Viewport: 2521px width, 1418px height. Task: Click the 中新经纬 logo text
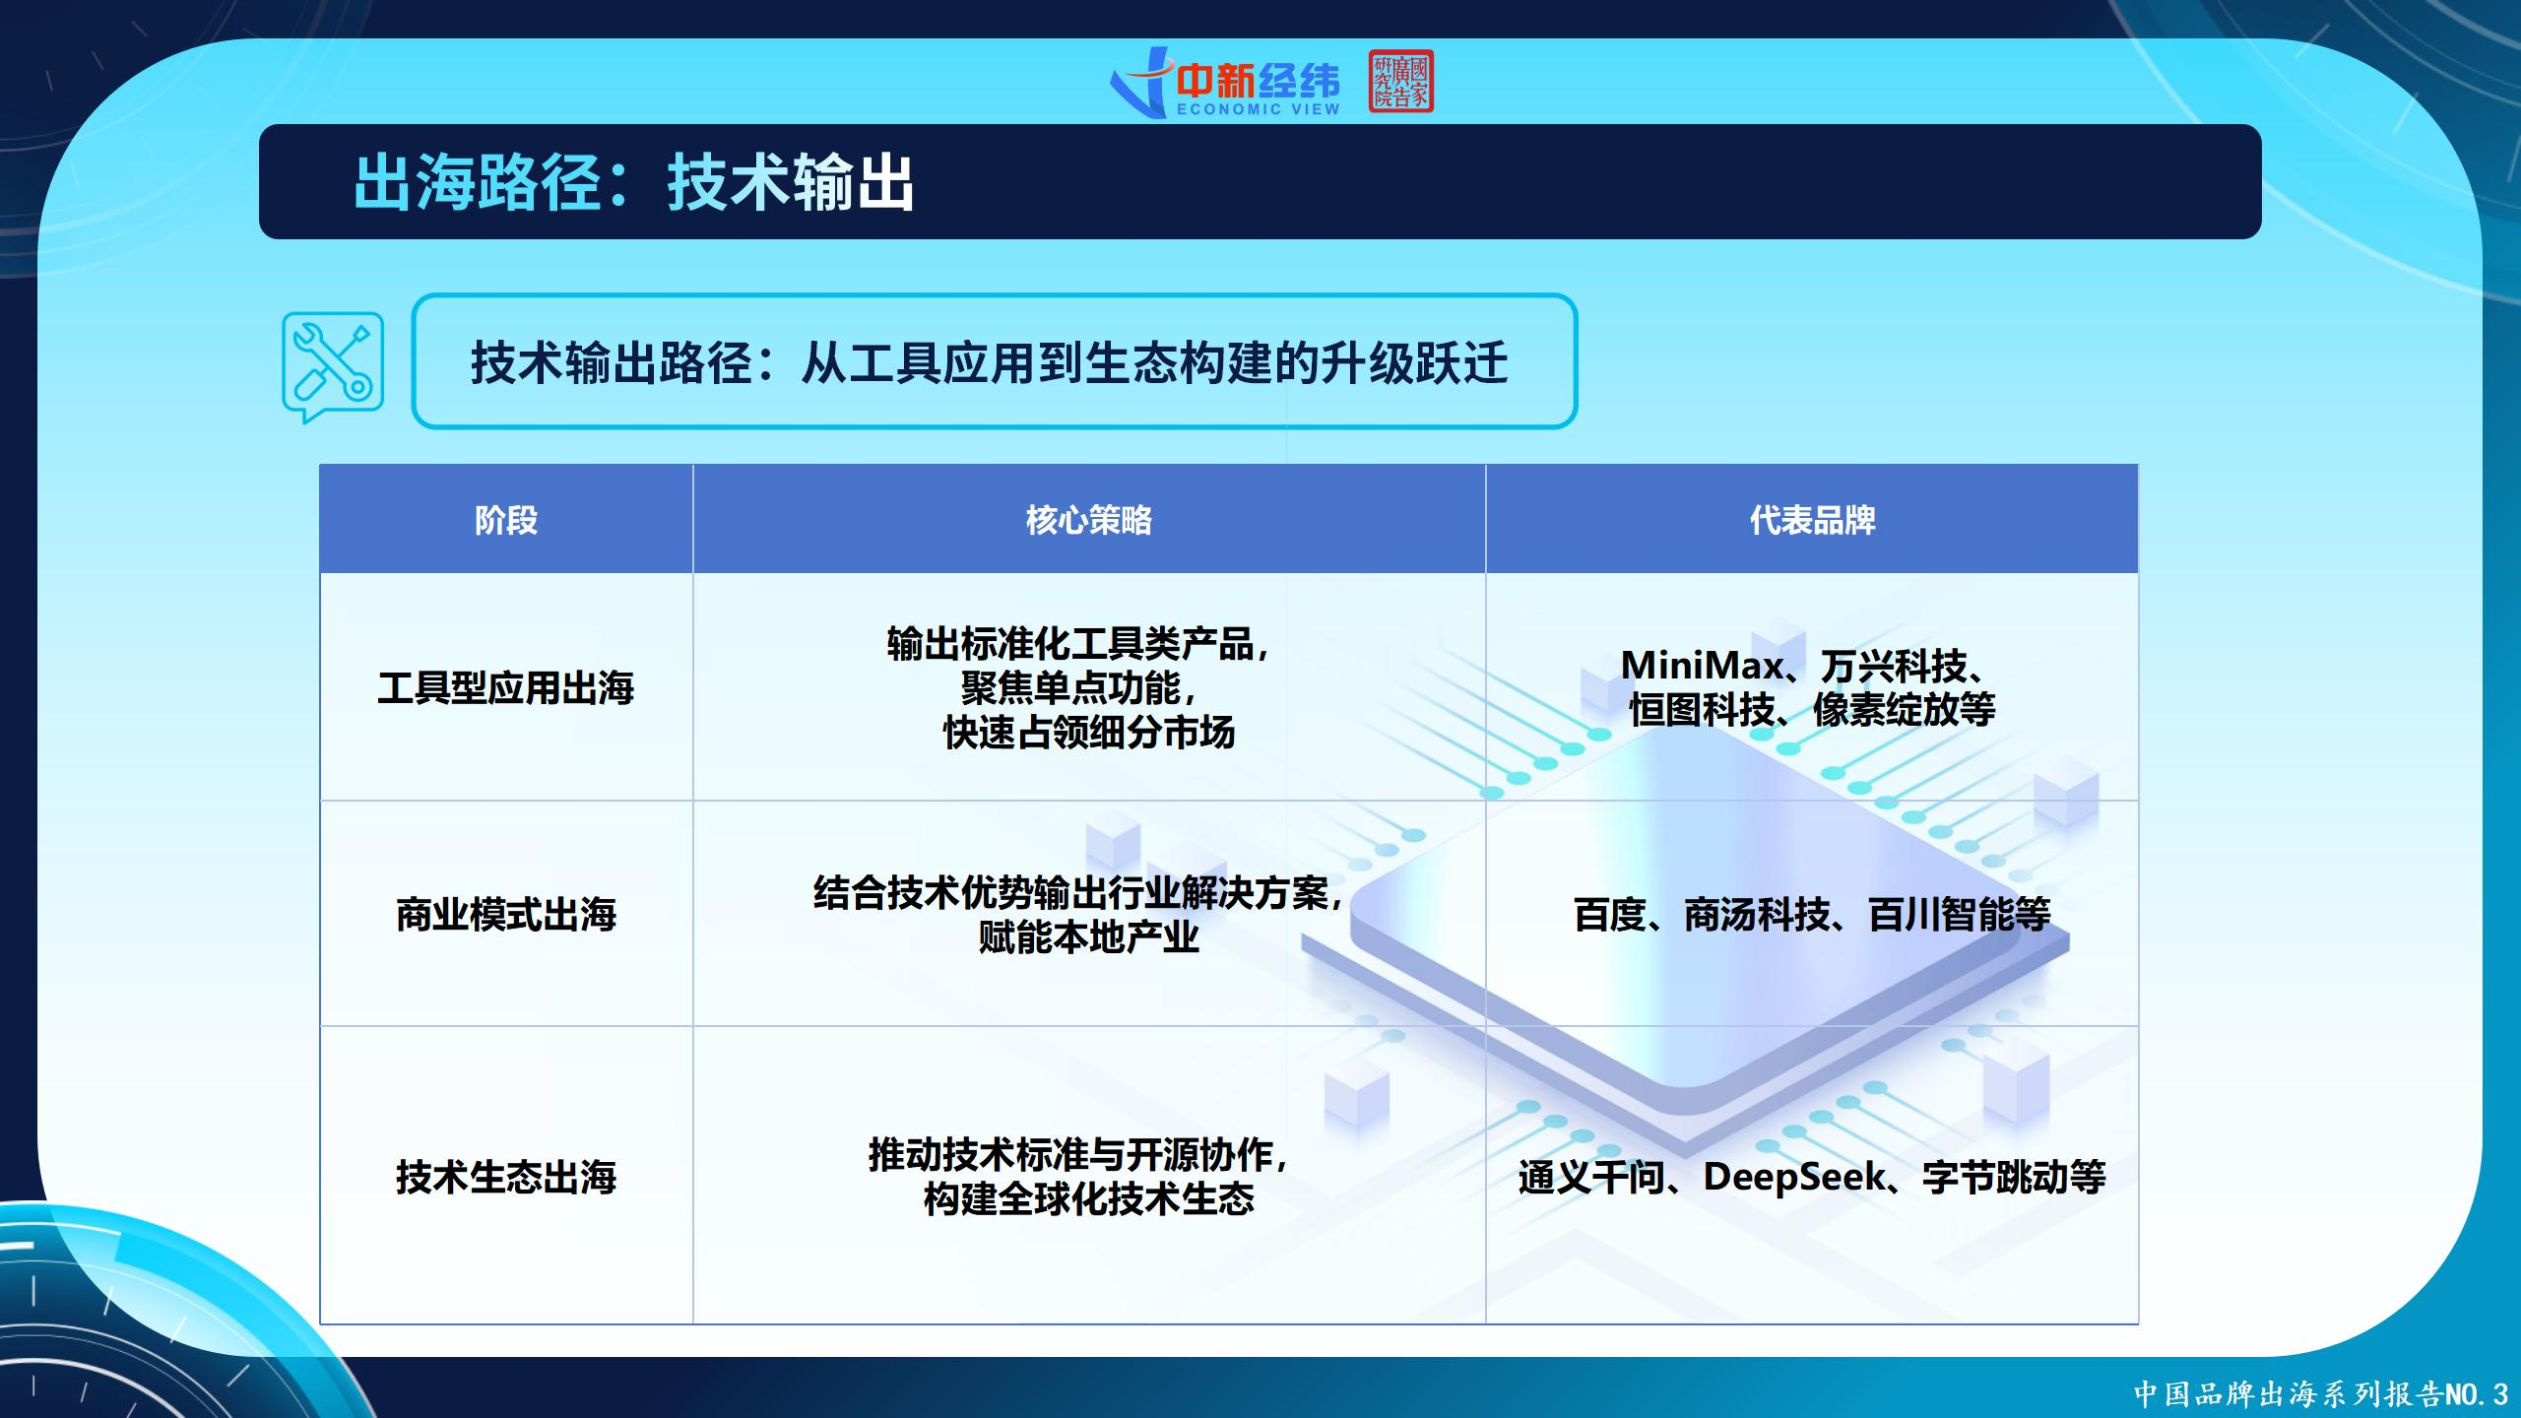pos(1259,81)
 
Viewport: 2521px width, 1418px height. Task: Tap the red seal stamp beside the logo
pos(1400,82)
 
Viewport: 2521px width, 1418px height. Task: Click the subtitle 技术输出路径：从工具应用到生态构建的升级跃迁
pos(989,361)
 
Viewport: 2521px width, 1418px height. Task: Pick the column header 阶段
pos(506,519)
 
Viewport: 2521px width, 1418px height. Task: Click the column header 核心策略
pos(1089,519)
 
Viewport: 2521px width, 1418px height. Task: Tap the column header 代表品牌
pos(1812,519)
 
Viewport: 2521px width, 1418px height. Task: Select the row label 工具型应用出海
pos(506,687)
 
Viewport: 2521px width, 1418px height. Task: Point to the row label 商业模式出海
pos(506,914)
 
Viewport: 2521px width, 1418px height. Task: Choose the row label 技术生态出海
pos(506,1176)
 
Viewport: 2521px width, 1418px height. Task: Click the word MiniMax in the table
pos(1702,666)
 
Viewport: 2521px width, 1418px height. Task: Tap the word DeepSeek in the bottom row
pos(1793,1177)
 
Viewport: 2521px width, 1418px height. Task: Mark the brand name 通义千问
pos(1591,1177)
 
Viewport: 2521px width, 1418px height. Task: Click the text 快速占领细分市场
pos(1089,732)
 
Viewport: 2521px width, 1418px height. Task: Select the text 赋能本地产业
pos(1089,935)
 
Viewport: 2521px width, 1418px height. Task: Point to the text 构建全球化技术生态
pos(1089,1197)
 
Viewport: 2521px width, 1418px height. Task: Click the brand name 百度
pos(1610,915)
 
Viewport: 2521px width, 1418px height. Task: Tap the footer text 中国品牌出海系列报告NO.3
pos(2321,1393)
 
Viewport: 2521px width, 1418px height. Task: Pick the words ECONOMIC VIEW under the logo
pos(1259,109)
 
